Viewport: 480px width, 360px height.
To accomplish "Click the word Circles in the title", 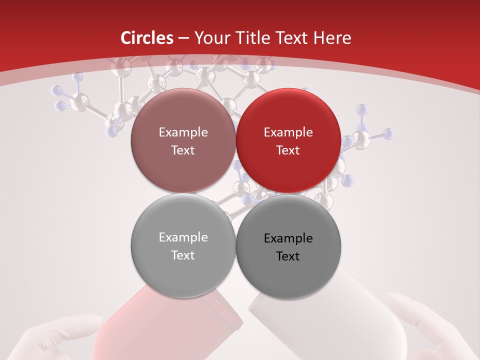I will (147, 38).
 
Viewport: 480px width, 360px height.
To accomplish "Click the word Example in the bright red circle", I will (288, 132).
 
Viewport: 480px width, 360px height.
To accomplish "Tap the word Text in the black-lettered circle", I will (288, 256).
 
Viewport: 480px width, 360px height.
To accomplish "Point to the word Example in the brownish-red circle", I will (183, 132).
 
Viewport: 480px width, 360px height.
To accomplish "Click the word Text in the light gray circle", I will (183, 255).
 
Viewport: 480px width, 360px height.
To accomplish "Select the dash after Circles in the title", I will (183, 38).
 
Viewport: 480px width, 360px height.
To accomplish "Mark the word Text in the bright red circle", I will (288, 150).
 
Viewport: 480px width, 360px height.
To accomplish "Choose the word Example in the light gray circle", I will (183, 237).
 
